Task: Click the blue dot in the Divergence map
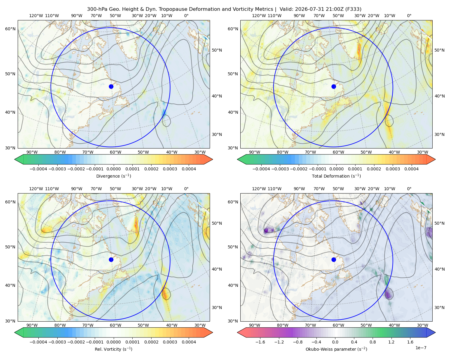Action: coord(111,86)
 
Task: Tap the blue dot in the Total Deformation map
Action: coord(334,86)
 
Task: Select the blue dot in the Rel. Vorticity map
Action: coord(111,259)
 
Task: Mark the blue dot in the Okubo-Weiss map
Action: coord(334,259)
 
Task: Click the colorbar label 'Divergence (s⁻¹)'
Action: coord(113,176)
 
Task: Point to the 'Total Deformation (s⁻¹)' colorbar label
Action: coord(336,176)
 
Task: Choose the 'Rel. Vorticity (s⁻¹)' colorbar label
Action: coord(113,349)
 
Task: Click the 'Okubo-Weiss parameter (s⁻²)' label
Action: coord(336,349)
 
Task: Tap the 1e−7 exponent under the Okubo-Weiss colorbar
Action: coord(421,348)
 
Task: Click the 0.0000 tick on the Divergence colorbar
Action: coord(113,169)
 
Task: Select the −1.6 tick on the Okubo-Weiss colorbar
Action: coord(260,342)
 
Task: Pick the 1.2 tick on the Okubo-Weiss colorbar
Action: coord(391,342)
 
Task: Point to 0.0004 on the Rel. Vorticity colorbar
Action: coord(189,342)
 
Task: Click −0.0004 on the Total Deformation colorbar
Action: coord(261,169)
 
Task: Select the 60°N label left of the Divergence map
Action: coord(10,29)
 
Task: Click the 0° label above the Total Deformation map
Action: coord(409,16)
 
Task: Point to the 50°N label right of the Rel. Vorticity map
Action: coord(217,223)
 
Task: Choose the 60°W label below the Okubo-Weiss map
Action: coord(338,325)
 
